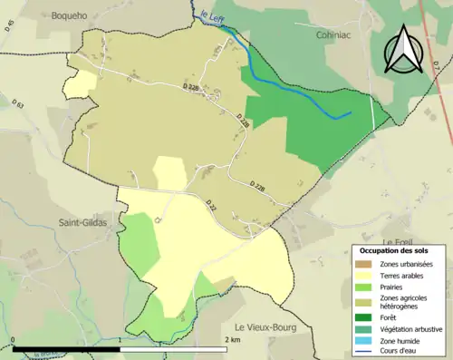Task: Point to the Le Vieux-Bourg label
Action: point(266,326)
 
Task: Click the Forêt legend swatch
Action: point(365,316)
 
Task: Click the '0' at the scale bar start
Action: point(13,340)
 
